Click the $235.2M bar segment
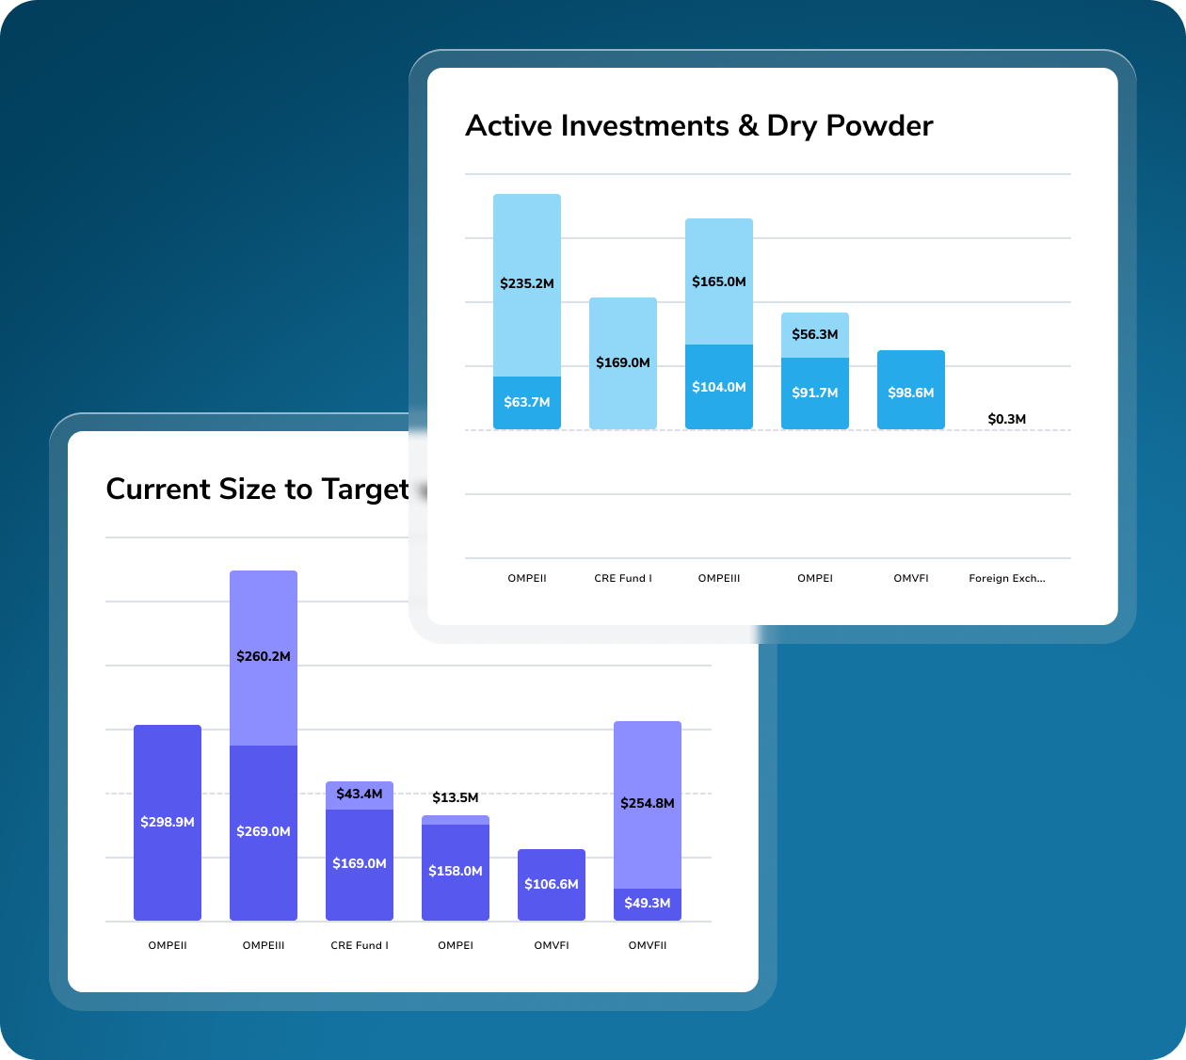point(527,284)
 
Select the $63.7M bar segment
point(527,403)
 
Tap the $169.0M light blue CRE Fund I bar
point(623,363)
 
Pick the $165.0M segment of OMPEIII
point(719,281)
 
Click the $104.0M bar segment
point(719,387)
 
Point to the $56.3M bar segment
point(815,335)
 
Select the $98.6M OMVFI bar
point(911,391)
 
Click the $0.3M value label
point(1007,419)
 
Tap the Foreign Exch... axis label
point(1007,578)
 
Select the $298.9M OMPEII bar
point(168,822)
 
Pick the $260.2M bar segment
point(264,657)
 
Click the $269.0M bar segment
point(264,832)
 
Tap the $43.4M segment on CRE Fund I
point(360,795)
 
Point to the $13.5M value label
point(456,797)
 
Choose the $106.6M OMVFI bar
point(552,885)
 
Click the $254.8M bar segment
point(648,804)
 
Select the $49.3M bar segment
point(648,904)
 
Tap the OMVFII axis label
point(648,945)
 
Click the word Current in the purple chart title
point(158,490)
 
